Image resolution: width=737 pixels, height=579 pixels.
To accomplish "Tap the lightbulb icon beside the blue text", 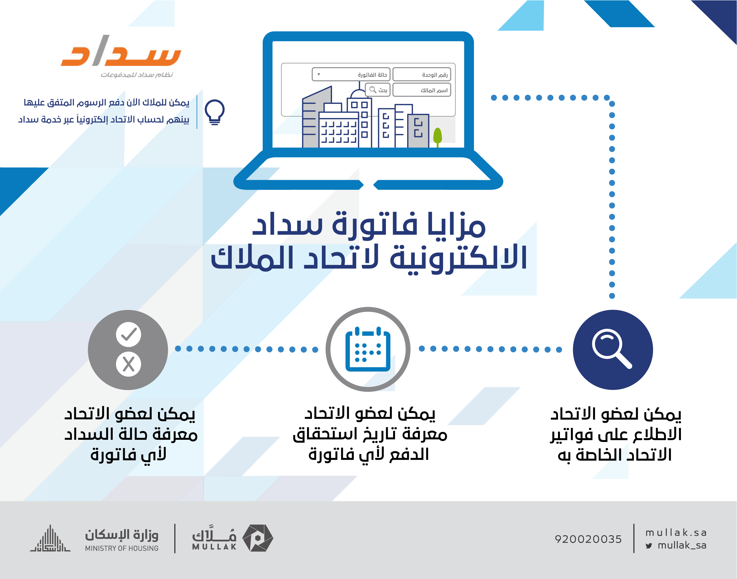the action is pyautogui.click(x=214, y=112).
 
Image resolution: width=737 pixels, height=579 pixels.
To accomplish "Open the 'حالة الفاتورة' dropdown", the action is pyautogui.click(x=351, y=75).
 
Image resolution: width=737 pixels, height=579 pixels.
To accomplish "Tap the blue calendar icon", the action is pyautogui.click(x=368, y=349).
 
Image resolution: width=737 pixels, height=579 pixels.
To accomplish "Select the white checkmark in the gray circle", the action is pyautogui.click(x=128, y=335).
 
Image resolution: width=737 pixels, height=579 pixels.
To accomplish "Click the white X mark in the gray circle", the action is pyautogui.click(x=128, y=364).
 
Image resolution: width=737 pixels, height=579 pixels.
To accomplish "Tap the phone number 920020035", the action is pyautogui.click(x=588, y=539).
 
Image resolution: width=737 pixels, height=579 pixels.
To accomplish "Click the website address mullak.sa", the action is pyautogui.click(x=676, y=533).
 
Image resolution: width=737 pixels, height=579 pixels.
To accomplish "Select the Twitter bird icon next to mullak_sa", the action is pyautogui.click(x=649, y=546).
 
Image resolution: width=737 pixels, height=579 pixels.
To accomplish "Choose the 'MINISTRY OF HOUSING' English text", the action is pyautogui.click(x=122, y=548).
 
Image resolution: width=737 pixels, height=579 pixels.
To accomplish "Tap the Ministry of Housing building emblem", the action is pyautogui.click(x=50, y=538).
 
